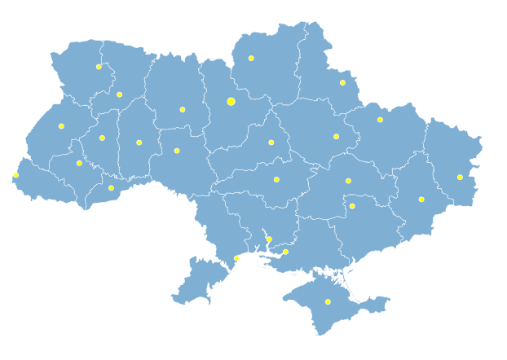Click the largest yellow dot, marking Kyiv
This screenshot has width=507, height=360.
pyautogui.click(x=231, y=102)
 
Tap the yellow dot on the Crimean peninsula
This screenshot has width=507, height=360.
pyautogui.click(x=328, y=302)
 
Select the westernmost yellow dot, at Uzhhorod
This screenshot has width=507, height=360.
pyautogui.click(x=15, y=175)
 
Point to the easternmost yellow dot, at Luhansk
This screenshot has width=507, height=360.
pyautogui.click(x=460, y=177)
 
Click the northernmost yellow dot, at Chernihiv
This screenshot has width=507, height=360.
pyautogui.click(x=251, y=58)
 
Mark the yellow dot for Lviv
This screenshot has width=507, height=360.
pyautogui.click(x=61, y=126)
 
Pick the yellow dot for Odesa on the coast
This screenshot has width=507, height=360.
pyautogui.click(x=236, y=258)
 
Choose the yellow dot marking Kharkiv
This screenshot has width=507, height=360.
pyautogui.click(x=380, y=120)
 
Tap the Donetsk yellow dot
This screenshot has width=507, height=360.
pyautogui.click(x=421, y=200)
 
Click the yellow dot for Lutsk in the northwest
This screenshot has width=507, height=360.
pyautogui.click(x=99, y=67)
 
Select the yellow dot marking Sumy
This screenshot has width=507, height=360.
pyautogui.click(x=342, y=82)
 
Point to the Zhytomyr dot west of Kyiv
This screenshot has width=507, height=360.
pyautogui.click(x=183, y=109)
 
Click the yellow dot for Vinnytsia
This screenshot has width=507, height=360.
pyautogui.click(x=177, y=151)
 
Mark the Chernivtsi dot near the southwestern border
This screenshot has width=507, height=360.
pyautogui.click(x=112, y=188)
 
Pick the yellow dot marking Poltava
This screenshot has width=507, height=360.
pyautogui.click(x=336, y=136)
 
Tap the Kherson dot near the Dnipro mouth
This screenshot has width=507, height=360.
pyautogui.click(x=285, y=252)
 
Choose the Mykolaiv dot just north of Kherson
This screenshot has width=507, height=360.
pyautogui.click(x=269, y=239)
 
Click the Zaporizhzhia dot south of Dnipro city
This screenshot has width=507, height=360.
pyautogui.click(x=352, y=206)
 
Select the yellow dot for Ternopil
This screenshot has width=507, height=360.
pyautogui.click(x=102, y=138)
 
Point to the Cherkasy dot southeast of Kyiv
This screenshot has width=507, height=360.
pyautogui.click(x=271, y=143)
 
